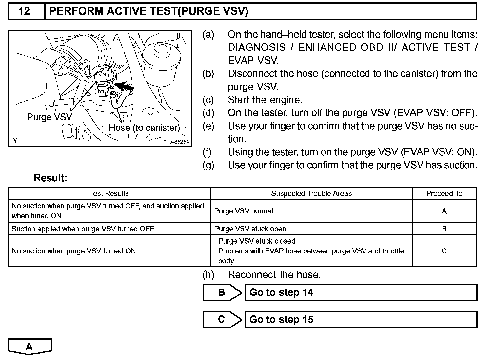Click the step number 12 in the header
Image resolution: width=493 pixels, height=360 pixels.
click(x=25, y=11)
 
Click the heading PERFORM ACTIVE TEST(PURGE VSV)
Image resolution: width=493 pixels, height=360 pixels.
click(x=148, y=11)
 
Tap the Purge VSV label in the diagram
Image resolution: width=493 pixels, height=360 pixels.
click(x=49, y=117)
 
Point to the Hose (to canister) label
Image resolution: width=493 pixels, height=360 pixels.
click(x=145, y=128)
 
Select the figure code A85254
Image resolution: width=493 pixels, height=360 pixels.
click(x=180, y=142)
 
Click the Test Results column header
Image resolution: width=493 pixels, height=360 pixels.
click(x=109, y=193)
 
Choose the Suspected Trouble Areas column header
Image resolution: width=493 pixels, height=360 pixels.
click(x=311, y=193)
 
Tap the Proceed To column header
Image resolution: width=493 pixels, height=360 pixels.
click(x=444, y=193)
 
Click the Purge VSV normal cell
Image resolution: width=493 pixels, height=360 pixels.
click(x=244, y=211)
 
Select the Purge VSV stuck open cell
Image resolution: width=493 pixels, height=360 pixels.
click(x=250, y=229)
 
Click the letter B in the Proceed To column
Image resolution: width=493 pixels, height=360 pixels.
click(x=444, y=229)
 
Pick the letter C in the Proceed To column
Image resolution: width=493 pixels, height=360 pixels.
click(x=444, y=251)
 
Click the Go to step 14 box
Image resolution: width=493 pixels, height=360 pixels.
click(x=361, y=292)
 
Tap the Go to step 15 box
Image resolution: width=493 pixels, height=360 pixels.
click(x=361, y=320)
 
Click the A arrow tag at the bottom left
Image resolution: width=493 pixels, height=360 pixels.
click(x=30, y=347)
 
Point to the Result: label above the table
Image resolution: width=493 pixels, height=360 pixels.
click(x=50, y=178)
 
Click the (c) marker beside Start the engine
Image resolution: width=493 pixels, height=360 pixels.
click(x=208, y=100)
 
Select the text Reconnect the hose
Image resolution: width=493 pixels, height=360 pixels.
click(x=274, y=275)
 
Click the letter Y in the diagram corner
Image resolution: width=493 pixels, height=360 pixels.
click(x=15, y=141)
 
